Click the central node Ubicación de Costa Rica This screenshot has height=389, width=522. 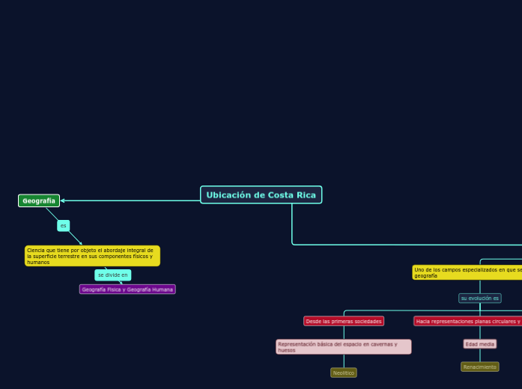261,195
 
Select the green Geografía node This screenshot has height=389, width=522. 39,200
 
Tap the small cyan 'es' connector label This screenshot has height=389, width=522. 64,225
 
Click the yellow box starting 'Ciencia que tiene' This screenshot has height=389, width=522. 92,256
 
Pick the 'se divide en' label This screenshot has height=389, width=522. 112,275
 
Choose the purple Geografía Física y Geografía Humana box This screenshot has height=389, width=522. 127,290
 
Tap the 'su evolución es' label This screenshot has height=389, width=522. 479,298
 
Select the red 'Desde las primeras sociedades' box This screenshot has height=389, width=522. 344,321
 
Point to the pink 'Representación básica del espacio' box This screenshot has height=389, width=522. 344,347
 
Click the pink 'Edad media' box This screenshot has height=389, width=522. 480,344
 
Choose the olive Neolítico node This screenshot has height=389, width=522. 344,373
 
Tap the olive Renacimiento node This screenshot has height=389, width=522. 479,367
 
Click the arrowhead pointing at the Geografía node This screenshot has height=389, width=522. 63,200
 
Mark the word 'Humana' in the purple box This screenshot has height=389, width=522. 160,290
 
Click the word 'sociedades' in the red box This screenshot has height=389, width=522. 368,321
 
